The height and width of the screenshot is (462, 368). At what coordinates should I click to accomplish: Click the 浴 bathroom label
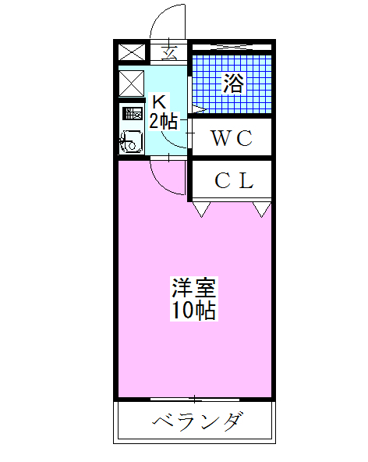pyautogui.click(x=232, y=83)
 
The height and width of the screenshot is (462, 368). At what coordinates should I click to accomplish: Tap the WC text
pyautogui.click(x=232, y=138)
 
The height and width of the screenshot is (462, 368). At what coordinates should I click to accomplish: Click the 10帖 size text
pyautogui.click(x=194, y=310)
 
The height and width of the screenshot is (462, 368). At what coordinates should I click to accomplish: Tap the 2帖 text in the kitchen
pyautogui.click(x=163, y=120)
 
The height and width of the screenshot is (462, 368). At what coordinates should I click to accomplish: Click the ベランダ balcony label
pyautogui.click(x=196, y=424)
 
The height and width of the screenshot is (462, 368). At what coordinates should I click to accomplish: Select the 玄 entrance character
pyautogui.click(x=169, y=53)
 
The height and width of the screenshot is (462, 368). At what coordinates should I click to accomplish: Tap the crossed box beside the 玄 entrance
pyautogui.click(x=131, y=53)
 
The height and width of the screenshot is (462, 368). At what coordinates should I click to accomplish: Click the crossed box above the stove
pyautogui.click(x=131, y=83)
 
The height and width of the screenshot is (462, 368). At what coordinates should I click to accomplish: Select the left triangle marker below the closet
pyautogui.click(x=202, y=208)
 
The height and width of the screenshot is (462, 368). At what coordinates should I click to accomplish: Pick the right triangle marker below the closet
pyautogui.click(x=263, y=208)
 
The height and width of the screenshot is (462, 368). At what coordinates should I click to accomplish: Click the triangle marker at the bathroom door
pyautogui.click(x=197, y=108)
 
